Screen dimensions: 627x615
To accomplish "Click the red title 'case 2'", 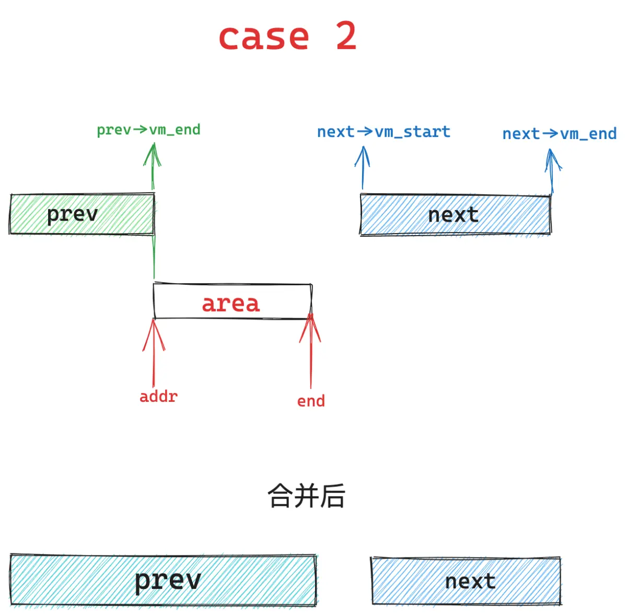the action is pyautogui.click(x=288, y=36).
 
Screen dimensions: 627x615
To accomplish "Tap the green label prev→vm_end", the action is pyautogui.click(x=149, y=130).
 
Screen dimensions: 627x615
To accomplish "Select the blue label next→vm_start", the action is pyautogui.click(x=384, y=132).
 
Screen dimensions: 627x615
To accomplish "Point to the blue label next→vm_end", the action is pyautogui.click(x=559, y=134).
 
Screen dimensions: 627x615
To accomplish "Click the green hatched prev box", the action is pyautogui.click(x=82, y=214).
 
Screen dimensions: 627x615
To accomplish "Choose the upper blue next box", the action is pyautogui.click(x=456, y=215).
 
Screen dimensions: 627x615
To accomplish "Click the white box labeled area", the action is pyautogui.click(x=233, y=301).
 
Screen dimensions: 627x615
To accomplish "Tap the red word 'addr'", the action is pyautogui.click(x=158, y=397).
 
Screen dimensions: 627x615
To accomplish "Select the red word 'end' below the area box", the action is pyautogui.click(x=311, y=401).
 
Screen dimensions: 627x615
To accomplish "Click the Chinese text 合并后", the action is pyautogui.click(x=306, y=496).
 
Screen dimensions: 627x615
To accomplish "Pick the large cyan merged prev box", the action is pyautogui.click(x=164, y=580).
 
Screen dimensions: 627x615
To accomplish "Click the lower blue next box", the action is pyautogui.click(x=467, y=582).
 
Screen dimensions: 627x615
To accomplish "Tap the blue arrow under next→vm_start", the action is pyautogui.click(x=363, y=168).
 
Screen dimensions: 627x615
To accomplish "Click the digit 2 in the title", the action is pyautogui.click(x=346, y=36).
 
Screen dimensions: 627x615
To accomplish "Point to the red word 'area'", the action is pyautogui.click(x=231, y=304).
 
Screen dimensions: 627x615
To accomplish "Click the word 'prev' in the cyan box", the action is pyautogui.click(x=168, y=581).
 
